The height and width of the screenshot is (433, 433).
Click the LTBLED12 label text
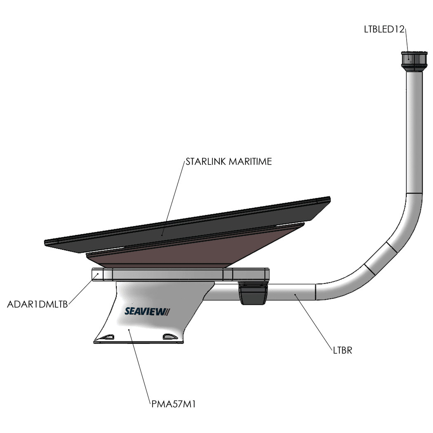point(384,29)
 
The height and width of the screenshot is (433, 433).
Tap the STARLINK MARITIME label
point(228,162)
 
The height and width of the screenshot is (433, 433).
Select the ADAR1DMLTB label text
point(37,304)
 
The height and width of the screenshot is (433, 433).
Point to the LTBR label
point(342,351)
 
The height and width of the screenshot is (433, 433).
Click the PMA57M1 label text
point(174,404)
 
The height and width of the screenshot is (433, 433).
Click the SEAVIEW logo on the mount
point(147,311)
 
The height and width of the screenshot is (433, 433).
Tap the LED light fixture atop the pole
point(414,61)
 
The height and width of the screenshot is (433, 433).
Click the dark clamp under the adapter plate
point(253,293)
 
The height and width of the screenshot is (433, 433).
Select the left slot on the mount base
point(106,337)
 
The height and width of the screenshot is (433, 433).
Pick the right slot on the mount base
point(170,337)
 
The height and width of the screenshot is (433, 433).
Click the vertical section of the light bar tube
point(414,132)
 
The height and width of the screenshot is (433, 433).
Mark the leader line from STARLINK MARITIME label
point(173,198)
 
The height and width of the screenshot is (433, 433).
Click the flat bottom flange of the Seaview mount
point(138,342)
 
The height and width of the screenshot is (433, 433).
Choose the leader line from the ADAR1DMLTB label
point(83,289)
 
